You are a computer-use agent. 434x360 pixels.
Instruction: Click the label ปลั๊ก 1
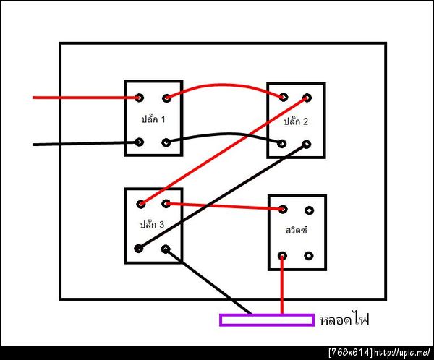point(153,119)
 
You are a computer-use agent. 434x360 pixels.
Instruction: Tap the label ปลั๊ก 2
point(296,121)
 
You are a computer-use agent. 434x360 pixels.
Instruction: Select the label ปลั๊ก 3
point(152,224)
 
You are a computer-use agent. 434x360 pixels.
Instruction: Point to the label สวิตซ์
point(296,230)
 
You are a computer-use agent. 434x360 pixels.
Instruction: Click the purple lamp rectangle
point(267,320)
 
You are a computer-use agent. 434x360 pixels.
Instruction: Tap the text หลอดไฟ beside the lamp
point(344,320)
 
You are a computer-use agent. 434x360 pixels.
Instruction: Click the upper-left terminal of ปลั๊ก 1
point(139,98)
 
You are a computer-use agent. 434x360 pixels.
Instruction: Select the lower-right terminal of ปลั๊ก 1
point(166,143)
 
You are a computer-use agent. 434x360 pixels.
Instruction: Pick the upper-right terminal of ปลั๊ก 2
point(307,98)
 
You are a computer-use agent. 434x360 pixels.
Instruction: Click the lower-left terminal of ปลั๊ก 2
point(282,144)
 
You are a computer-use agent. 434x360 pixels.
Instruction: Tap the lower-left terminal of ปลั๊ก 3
point(139,249)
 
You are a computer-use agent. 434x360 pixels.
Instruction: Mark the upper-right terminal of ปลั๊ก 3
point(166,204)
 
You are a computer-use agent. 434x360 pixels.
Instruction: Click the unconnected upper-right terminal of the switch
point(309,210)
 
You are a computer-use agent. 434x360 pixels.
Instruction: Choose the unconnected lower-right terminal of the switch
point(309,256)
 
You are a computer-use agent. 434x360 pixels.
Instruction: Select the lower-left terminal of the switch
point(282,256)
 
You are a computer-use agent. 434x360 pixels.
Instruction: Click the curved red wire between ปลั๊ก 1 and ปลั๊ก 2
point(221,85)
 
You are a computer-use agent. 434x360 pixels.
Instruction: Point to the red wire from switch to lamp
point(282,285)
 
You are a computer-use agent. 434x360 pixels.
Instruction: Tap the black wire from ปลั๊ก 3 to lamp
point(208,281)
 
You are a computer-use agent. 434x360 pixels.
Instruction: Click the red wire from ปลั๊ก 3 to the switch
point(224,207)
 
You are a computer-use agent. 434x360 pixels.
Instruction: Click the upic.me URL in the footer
point(402,353)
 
